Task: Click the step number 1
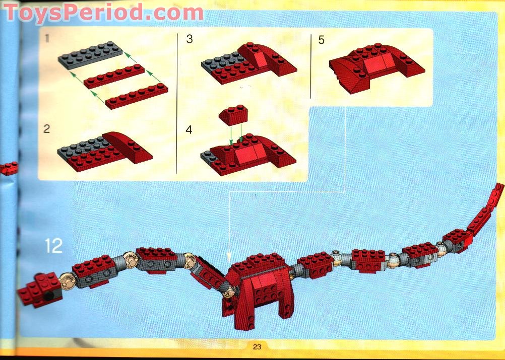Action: click(x=47, y=39)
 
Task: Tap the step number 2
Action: click(x=47, y=129)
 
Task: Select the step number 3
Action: click(x=190, y=39)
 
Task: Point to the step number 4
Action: click(x=188, y=130)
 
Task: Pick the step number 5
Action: click(x=322, y=40)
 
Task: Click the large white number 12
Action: click(x=53, y=246)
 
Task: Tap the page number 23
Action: click(x=257, y=347)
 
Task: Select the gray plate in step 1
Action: click(x=90, y=55)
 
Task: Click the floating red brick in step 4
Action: click(x=233, y=115)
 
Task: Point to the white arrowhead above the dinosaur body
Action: click(x=229, y=257)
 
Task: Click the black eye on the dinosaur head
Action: click(x=49, y=296)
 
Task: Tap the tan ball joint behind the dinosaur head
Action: click(x=68, y=281)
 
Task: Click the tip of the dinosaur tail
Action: click(x=500, y=186)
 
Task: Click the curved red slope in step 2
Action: click(x=128, y=147)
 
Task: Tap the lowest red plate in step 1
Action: click(x=137, y=96)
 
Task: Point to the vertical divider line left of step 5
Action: click(x=311, y=66)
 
